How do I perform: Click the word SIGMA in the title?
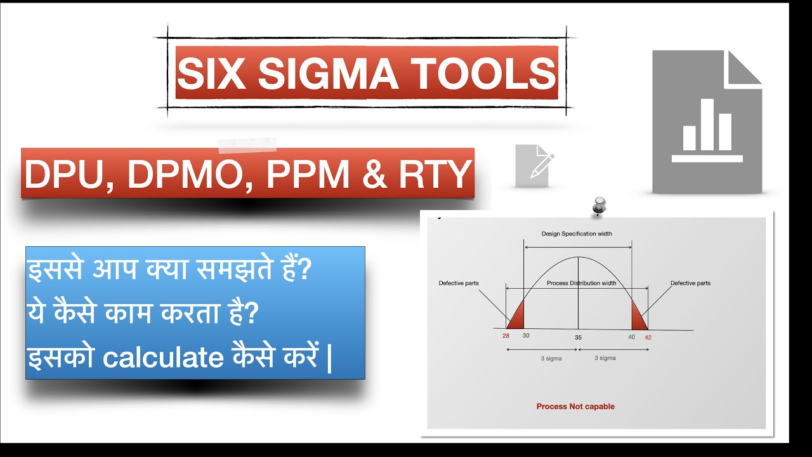[x=327, y=73]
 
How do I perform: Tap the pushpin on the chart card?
[x=598, y=206]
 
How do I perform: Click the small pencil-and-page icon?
[x=534, y=166]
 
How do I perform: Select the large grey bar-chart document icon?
[x=707, y=122]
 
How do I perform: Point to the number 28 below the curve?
[x=506, y=336]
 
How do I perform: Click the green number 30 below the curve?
[x=525, y=335]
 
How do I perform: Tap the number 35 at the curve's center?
[x=578, y=337]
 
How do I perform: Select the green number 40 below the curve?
[x=631, y=336]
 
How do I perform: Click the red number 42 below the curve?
[x=648, y=337]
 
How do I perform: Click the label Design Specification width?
[x=577, y=234]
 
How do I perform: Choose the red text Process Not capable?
[x=575, y=406]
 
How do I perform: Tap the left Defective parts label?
[x=458, y=283]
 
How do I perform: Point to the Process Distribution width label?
[x=581, y=283]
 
